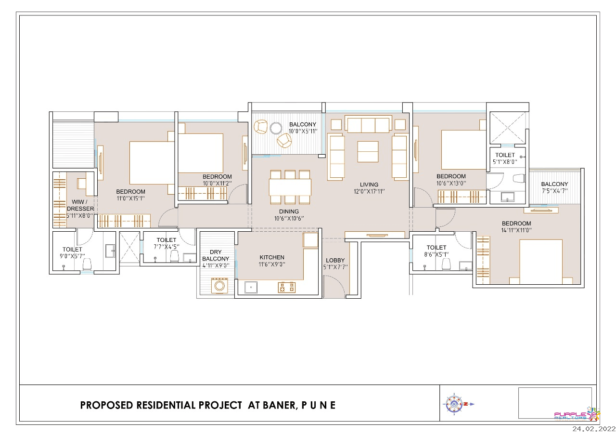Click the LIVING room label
pos(369,185)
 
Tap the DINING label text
pos(289,211)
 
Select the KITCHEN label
pos(272,257)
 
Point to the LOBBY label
pos(335,260)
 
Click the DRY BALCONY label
pos(216,255)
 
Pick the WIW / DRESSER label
pos(80,205)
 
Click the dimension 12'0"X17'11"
pos(369,191)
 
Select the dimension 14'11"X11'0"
pos(516,230)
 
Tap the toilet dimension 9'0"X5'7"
pos(72,256)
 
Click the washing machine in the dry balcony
pos(219,286)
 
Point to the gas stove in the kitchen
pos(286,287)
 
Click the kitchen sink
pos(251,287)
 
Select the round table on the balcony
pos(276,128)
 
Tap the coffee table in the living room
pos(368,152)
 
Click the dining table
pos(290,187)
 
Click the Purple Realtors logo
pos(577,414)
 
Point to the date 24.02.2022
pos(594,429)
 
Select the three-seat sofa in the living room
pos(368,124)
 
